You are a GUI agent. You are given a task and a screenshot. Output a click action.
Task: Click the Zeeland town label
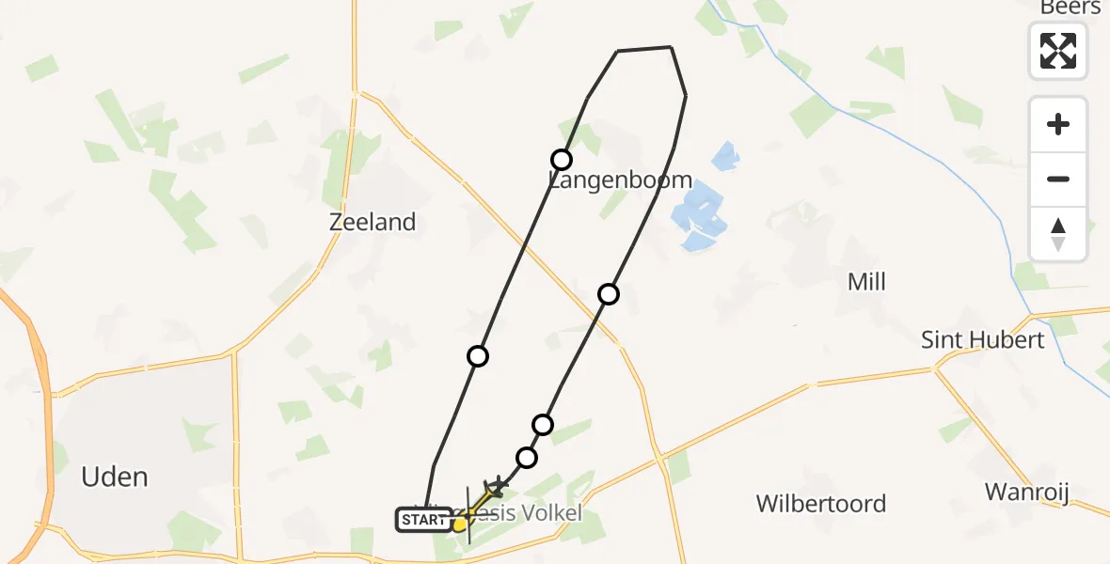pyautogui.click(x=373, y=222)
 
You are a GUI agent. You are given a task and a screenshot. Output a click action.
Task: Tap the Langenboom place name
pyautogui.click(x=621, y=180)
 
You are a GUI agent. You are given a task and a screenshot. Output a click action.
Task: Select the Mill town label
pyautogui.click(x=866, y=282)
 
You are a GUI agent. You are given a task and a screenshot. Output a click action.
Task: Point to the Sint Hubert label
pyautogui.click(x=982, y=339)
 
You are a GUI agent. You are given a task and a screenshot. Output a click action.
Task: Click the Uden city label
pyautogui.click(x=115, y=477)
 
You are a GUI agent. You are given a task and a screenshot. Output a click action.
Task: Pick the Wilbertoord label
pyautogui.click(x=820, y=504)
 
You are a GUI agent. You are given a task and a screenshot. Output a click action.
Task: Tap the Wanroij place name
pyautogui.click(x=1027, y=492)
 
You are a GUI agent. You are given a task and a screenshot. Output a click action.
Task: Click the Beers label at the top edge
pyautogui.click(x=1070, y=8)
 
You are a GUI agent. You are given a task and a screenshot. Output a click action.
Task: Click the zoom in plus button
pyautogui.click(x=1058, y=124)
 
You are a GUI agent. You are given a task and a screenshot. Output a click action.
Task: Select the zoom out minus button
pyautogui.click(x=1058, y=179)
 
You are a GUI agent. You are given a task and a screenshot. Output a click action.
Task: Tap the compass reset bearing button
pyautogui.click(x=1058, y=234)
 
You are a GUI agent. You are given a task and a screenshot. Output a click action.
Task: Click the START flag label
pyautogui.click(x=424, y=519)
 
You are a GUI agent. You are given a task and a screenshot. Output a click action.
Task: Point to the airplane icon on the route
pyautogui.click(x=496, y=486)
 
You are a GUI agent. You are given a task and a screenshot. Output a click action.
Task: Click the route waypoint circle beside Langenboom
pyautogui.click(x=562, y=159)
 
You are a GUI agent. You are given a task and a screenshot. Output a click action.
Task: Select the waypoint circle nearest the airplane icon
pyautogui.click(x=527, y=458)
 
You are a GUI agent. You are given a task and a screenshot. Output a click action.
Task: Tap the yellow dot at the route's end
pyautogui.click(x=459, y=525)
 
